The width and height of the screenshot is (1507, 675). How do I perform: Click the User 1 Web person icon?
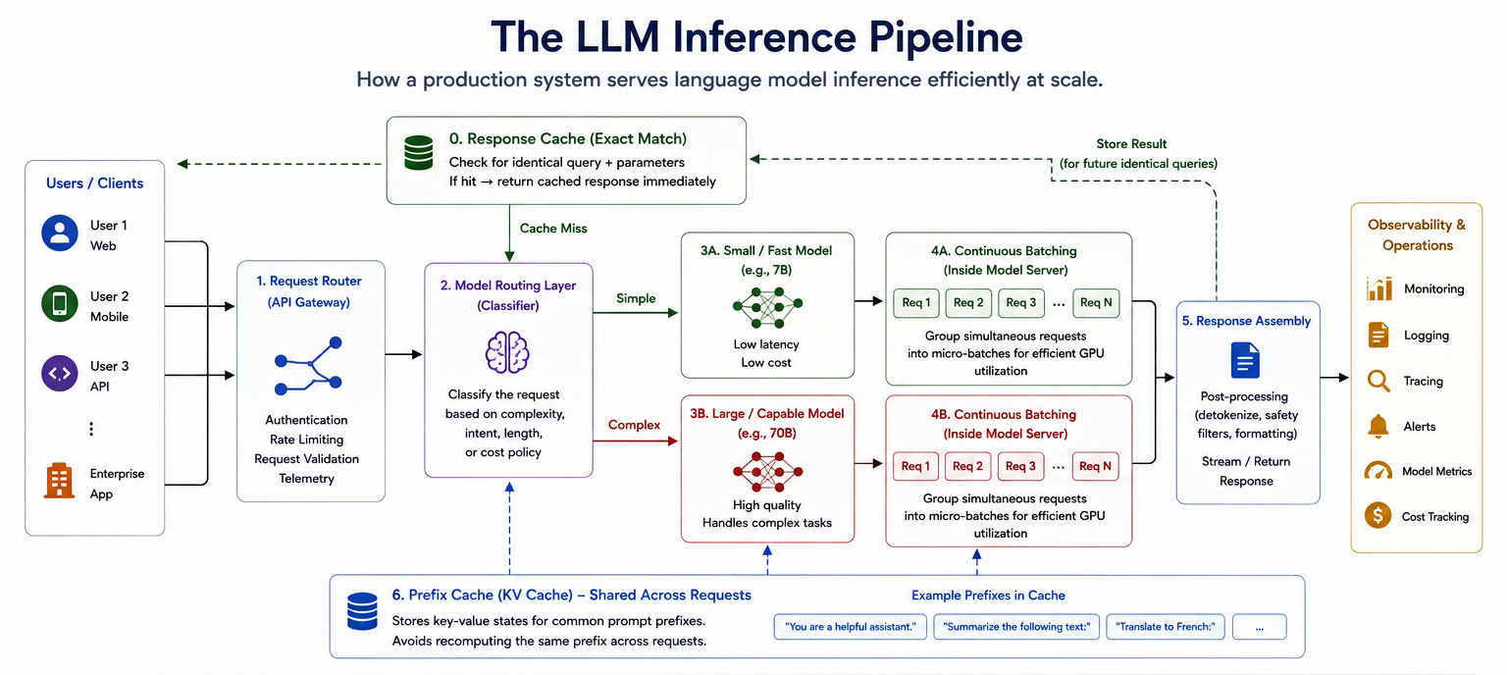tap(59, 233)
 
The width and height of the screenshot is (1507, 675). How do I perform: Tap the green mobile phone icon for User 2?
tap(59, 303)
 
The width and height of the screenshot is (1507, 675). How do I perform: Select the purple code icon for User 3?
tap(59, 374)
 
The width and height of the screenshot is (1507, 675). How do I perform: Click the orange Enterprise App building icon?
tap(59, 481)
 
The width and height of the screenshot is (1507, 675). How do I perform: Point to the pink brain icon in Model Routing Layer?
tap(507, 352)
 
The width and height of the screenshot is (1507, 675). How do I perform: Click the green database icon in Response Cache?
tap(419, 153)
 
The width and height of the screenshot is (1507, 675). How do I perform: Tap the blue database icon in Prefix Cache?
tap(362, 611)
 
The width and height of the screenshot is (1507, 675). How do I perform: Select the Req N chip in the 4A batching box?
tap(1096, 303)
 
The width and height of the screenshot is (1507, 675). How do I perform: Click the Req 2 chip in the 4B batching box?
tap(967, 466)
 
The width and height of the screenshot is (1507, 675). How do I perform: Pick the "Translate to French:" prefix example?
tap(1166, 627)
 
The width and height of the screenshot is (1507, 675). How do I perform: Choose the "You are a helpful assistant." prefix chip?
tap(851, 627)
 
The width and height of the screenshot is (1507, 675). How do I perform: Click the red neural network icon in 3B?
tap(767, 472)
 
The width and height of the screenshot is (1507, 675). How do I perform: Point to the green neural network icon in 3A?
tap(767, 307)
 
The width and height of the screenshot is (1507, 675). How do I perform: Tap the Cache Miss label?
tap(553, 229)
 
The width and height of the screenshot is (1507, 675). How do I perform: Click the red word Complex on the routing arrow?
tap(634, 426)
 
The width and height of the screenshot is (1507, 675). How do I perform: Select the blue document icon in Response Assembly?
tap(1245, 360)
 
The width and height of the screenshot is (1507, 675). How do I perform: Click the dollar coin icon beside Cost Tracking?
tap(1377, 515)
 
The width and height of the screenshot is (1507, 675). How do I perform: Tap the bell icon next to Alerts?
tap(1377, 426)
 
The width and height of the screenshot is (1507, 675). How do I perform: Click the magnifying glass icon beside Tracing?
tap(1378, 381)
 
